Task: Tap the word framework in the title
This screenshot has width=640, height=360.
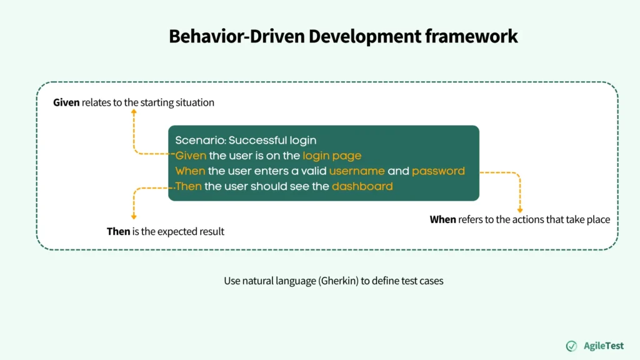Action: pyautogui.click(x=471, y=36)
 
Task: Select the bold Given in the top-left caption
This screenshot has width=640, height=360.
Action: pyautogui.click(x=66, y=102)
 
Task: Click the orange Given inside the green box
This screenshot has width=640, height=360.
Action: pyautogui.click(x=191, y=156)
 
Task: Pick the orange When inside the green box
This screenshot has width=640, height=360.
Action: pyautogui.click(x=190, y=171)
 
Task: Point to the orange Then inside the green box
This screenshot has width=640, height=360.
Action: pyautogui.click(x=188, y=186)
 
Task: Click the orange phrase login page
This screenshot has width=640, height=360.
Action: pyautogui.click(x=332, y=156)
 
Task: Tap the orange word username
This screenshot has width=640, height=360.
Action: pyautogui.click(x=357, y=171)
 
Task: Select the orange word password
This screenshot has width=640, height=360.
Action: pyautogui.click(x=438, y=171)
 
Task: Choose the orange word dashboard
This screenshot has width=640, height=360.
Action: pyautogui.click(x=362, y=186)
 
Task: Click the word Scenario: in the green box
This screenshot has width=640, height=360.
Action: pyautogui.click(x=201, y=140)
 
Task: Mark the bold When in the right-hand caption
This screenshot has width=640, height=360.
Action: pyautogui.click(x=443, y=219)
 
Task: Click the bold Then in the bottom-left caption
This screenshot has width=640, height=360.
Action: pyautogui.click(x=118, y=231)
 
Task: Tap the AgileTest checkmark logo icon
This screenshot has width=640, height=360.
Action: pyautogui.click(x=571, y=346)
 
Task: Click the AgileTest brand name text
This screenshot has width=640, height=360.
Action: pyautogui.click(x=604, y=346)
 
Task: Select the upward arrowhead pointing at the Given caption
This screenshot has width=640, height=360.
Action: pyautogui.click(x=134, y=112)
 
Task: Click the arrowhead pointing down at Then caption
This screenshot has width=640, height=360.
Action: pyautogui.click(x=134, y=217)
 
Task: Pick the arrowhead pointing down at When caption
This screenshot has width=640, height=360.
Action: pyautogui.click(x=520, y=210)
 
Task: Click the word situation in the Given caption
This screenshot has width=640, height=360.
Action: pyautogui.click(x=195, y=102)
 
